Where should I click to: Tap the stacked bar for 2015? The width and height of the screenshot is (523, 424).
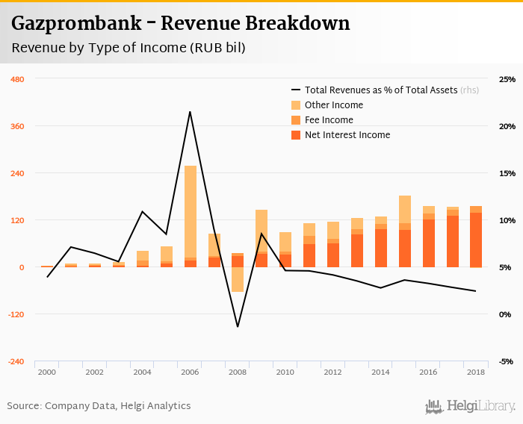[x=405, y=231]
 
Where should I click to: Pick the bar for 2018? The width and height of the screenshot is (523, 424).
[x=476, y=237]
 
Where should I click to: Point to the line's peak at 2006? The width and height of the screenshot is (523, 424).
[x=190, y=112]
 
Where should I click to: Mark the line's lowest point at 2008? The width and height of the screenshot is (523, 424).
[x=238, y=326]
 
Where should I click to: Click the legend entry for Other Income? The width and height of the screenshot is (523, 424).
[x=334, y=105]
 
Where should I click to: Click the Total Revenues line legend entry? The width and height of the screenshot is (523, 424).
[x=381, y=90]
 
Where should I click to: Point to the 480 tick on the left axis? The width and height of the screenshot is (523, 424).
[x=17, y=79]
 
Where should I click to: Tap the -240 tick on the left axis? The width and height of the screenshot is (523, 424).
[x=16, y=361]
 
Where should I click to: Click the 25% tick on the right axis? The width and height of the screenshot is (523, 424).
[x=507, y=79]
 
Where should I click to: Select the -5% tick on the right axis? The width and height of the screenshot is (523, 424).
[x=507, y=361]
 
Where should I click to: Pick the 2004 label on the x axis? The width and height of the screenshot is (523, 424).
[x=142, y=372]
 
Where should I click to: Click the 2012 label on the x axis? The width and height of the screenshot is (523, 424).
[x=333, y=372]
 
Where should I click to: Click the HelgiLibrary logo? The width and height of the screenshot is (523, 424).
[x=470, y=406]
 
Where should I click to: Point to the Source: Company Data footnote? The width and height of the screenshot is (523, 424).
[x=99, y=406]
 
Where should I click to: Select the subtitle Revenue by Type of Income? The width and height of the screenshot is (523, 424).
[x=128, y=48]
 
